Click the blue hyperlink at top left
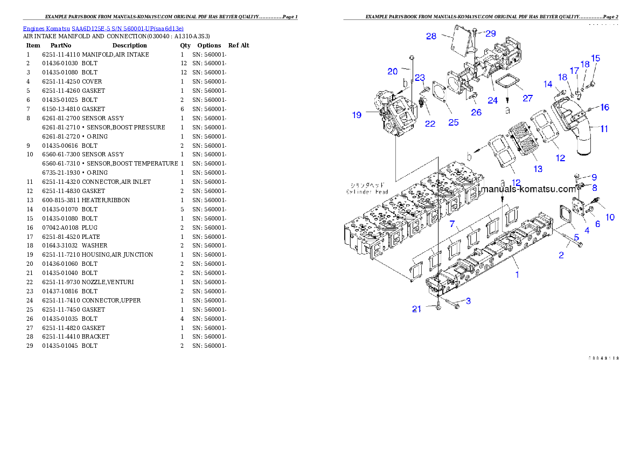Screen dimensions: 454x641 click(103, 29)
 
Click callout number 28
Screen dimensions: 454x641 click(431, 36)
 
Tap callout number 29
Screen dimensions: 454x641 click(491, 33)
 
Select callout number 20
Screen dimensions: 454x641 click(392, 71)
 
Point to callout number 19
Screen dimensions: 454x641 click(357, 115)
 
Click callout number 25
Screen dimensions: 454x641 click(454, 122)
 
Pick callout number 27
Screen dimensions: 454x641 click(528, 99)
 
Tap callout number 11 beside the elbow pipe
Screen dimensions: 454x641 click(604, 129)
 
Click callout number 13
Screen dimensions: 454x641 click(538, 169)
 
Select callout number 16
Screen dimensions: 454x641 click(605, 107)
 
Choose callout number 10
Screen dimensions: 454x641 click(610, 217)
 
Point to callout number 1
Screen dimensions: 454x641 click(517, 274)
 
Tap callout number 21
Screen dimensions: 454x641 click(416, 309)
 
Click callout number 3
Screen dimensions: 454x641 click(468, 301)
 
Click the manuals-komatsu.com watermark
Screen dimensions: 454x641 click(528, 189)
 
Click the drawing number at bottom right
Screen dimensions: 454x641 click(603, 357)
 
